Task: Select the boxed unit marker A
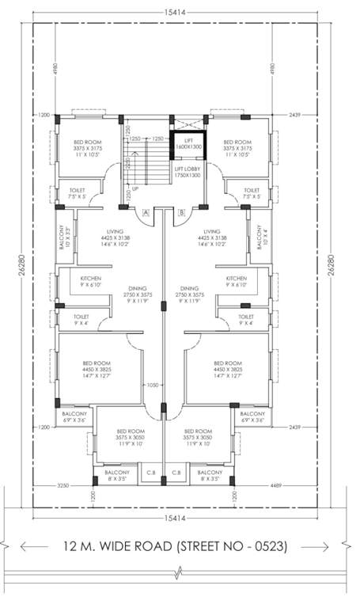coord(146,212)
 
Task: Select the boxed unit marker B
coord(181,212)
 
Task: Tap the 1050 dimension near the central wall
coord(153,386)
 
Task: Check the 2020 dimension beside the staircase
coord(127,165)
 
